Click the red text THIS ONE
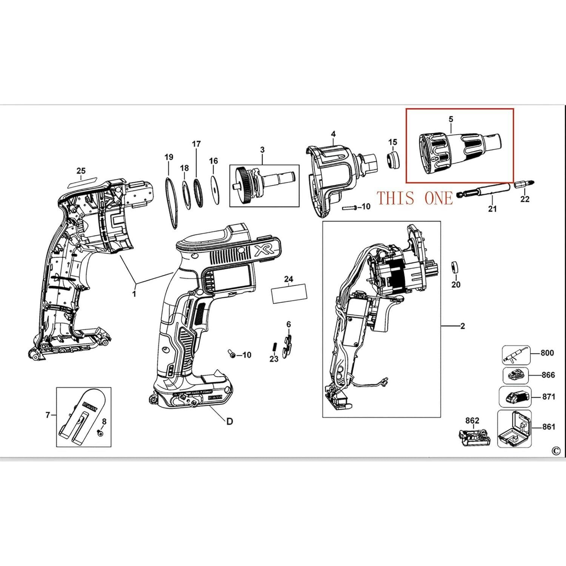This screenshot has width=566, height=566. tap(415, 198)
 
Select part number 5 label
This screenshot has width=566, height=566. tap(451, 119)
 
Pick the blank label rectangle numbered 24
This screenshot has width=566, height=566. tap(289, 295)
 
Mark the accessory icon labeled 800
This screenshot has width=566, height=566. tap(516, 355)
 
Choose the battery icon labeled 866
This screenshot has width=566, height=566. tap(515, 375)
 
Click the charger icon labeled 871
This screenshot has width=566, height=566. tap(515, 397)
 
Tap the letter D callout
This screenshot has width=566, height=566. tap(229, 421)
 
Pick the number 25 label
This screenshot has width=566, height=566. tap(81, 171)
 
